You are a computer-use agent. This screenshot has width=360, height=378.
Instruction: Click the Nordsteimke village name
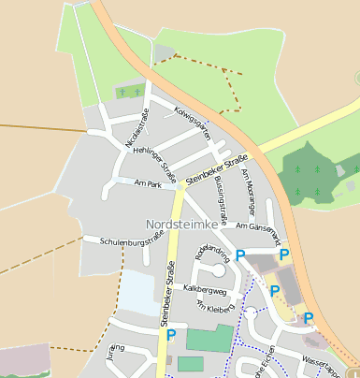tap(182, 225)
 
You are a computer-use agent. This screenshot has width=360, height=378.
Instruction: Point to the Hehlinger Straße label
tap(155, 158)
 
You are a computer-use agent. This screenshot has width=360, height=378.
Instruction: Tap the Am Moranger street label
tap(247, 187)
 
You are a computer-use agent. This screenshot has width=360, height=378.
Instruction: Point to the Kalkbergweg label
tap(206, 290)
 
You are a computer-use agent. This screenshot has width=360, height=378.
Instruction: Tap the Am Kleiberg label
tap(213, 308)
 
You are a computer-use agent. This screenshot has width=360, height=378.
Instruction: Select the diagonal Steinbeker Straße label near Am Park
tap(216, 167)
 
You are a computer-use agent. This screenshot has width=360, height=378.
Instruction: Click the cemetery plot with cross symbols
tap(130, 93)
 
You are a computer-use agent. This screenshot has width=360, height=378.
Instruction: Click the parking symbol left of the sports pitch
tap(170, 335)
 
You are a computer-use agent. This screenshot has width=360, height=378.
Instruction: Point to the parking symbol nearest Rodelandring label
tap(240, 255)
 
